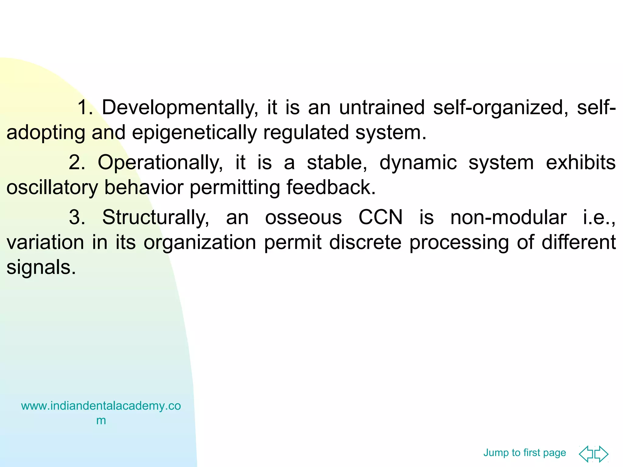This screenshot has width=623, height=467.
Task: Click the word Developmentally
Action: [180, 108]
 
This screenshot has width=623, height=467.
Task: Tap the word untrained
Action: [382, 108]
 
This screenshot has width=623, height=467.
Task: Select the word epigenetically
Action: [194, 133]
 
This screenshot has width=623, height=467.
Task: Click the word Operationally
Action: [160, 163]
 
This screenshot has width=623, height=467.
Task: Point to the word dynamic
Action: [418, 163]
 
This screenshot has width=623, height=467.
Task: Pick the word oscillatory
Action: [52, 188]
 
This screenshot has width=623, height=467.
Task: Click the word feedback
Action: [331, 187]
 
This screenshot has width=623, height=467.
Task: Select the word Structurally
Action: [156, 218]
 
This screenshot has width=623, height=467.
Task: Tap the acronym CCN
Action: [381, 218]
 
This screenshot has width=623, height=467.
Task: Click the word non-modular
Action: [508, 218]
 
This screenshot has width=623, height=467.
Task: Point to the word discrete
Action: [365, 243]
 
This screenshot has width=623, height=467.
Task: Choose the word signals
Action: [41, 268]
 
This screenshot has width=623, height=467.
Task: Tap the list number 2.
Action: [77, 163]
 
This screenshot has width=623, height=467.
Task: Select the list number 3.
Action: [77, 218]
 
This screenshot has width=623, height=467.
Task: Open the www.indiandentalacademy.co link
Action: [101, 406]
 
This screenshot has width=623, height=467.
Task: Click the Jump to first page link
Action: [524, 453]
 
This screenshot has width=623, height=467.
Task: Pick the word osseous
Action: [303, 218]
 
